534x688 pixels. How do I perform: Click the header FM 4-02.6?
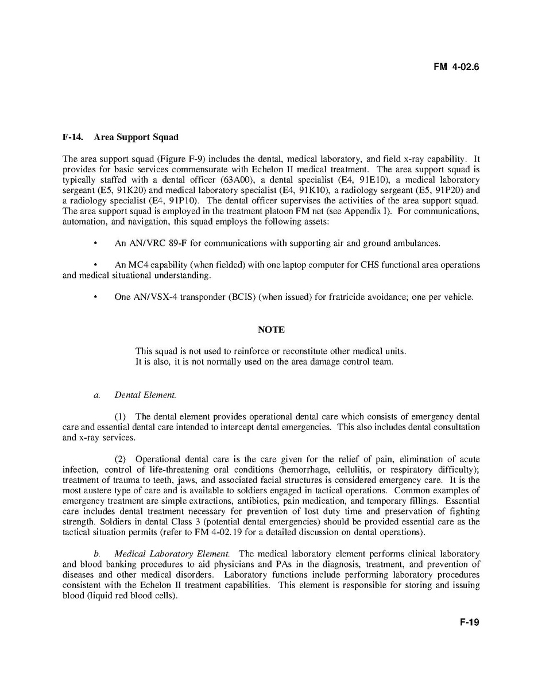coord(456,67)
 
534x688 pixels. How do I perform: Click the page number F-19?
coord(469,622)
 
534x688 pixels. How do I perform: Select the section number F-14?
coord(72,137)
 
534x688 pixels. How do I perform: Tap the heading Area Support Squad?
coord(136,137)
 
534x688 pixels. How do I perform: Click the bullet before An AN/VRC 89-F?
coord(95,243)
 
